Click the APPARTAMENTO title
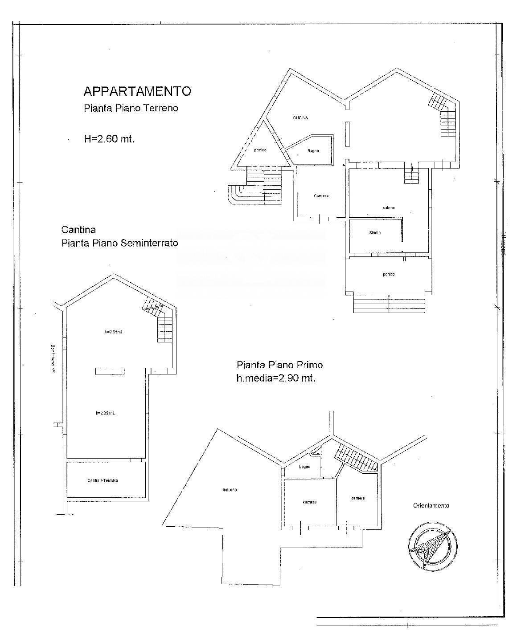pyautogui.click(x=137, y=91)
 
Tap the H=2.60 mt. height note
pyautogui.click(x=110, y=138)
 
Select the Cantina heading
pyautogui.click(x=78, y=230)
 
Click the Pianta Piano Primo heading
pyautogui.click(x=279, y=365)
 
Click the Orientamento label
pyautogui.click(x=431, y=505)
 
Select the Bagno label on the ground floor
pyautogui.click(x=313, y=151)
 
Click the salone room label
pyautogui.click(x=389, y=208)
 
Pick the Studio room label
pyautogui.click(x=375, y=232)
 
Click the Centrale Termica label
pyautogui.click(x=103, y=480)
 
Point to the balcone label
pyautogui.click(x=230, y=490)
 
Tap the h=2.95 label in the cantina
pyautogui.click(x=113, y=332)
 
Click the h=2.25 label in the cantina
pyautogui.click(x=105, y=413)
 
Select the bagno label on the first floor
pyautogui.click(x=305, y=467)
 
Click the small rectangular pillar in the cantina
pyautogui.click(x=110, y=371)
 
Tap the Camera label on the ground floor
pyautogui.click(x=321, y=196)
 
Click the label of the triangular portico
pyautogui.click(x=260, y=150)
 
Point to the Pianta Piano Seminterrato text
pyautogui.click(x=119, y=243)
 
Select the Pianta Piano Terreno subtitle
pyautogui.click(x=131, y=108)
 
